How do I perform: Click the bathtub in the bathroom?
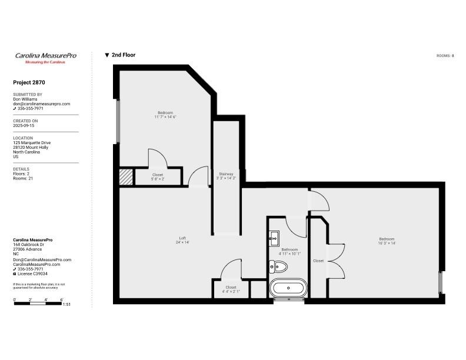click(x=288, y=288)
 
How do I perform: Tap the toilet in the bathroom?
click(x=278, y=266)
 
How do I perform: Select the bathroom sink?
click(x=274, y=238)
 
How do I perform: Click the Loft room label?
click(x=182, y=238)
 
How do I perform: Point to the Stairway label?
click(x=226, y=174)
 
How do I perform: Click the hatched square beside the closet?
click(x=126, y=177)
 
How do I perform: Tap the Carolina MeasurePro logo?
click(x=46, y=58)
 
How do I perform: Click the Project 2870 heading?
click(x=29, y=82)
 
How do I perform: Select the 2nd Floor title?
click(x=121, y=55)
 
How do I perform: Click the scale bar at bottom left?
click(x=38, y=304)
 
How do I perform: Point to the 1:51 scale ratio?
click(x=66, y=304)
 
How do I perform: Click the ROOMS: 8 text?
click(x=445, y=56)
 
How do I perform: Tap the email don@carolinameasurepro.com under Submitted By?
click(x=42, y=104)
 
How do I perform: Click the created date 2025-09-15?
click(x=24, y=126)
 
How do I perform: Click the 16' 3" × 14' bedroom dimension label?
click(x=387, y=243)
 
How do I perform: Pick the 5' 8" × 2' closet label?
click(x=158, y=179)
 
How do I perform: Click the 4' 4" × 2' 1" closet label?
click(x=231, y=292)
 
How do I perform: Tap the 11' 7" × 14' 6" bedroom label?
click(x=165, y=117)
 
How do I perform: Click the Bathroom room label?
click(x=289, y=249)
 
